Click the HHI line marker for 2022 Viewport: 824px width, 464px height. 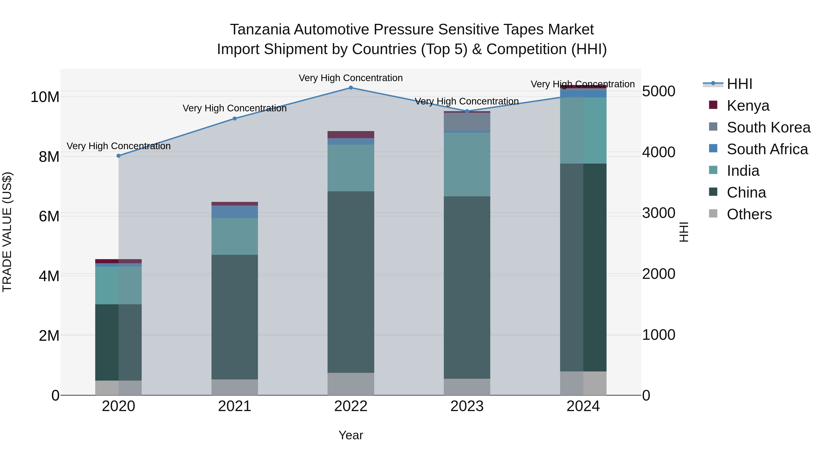[x=351, y=88]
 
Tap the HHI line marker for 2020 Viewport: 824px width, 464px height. [x=119, y=156]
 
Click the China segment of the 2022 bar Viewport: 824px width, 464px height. [x=351, y=282]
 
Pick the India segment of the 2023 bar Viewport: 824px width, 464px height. [x=467, y=164]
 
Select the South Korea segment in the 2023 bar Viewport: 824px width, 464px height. [x=467, y=122]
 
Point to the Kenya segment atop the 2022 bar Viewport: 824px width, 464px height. [x=351, y=135]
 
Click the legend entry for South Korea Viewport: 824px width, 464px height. [x=768, y=127]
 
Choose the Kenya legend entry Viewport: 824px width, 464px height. [x=748, y=106]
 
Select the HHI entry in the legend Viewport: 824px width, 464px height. [x=739, y=84]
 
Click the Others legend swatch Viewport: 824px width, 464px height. [x=713, y=214]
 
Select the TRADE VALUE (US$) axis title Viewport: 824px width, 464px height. [x=7, y=232]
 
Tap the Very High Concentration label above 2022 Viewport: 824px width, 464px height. [x=351, y=78]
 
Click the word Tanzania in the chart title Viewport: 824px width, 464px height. [x=260, y=30]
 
